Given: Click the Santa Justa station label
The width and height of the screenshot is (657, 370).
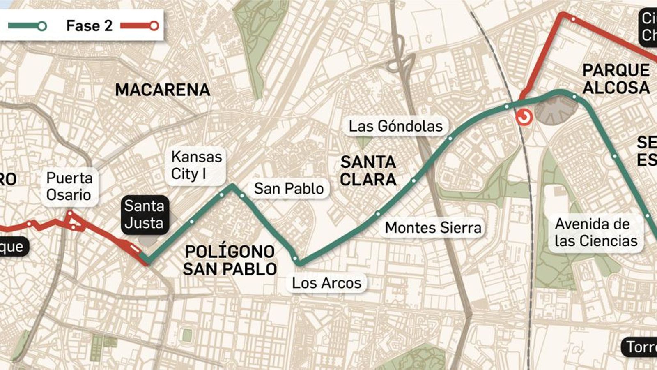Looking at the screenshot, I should pyautogui.click(x=144, y=214).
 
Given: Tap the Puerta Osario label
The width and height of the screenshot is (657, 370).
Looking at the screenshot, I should pyautogui.click(x=69, y=186).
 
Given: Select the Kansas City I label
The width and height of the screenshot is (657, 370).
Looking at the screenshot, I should pyautogui.click(x=196, y=165).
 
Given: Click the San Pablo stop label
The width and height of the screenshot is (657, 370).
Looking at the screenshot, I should pyautogui.click(x=289, y=188).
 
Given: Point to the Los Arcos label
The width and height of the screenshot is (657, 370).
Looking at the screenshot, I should pyautogui.click(x=326, y=283).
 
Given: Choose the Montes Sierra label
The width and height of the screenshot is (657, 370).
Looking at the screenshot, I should pyautogui.click(x=433, y=227).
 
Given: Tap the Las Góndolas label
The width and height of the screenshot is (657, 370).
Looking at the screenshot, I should pyautogui.click(x=395, y=126).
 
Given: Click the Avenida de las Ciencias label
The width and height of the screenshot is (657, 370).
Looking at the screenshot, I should pyautogui.click(x=595, y=232).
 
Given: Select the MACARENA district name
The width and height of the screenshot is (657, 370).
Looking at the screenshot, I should pyautogui.click(x=163, y=90).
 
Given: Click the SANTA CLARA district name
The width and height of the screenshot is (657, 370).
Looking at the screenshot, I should pyautogui.click(x=368, y=171).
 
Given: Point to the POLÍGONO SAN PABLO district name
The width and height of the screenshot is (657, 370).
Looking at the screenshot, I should pyautogui.click(x=230, y=260).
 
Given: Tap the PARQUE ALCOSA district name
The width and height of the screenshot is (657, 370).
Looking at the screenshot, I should pyautogui.click(x=616, y=79).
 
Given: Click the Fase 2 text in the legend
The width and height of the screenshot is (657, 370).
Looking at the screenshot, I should pyautogui.click(x=89, y=25).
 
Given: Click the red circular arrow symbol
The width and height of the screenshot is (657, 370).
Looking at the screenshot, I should pyautogui.click(x=524, y=117).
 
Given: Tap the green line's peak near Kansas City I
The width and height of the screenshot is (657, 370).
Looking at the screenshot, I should pyautogui.click(x=232, y=186).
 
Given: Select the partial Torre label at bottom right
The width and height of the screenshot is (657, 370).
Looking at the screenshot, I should pyautogui.click(x=641, y=347).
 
